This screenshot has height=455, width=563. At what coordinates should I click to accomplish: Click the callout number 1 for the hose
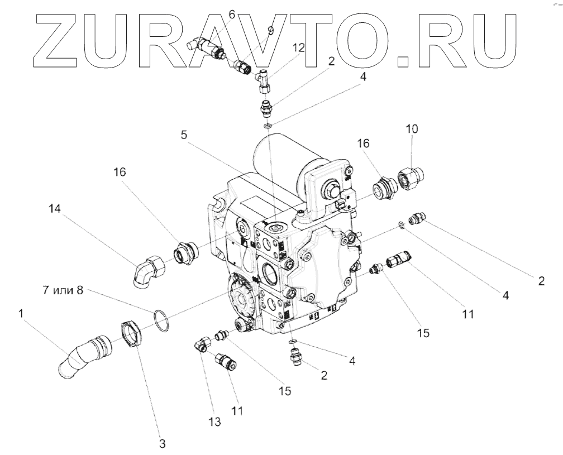click(21, 314)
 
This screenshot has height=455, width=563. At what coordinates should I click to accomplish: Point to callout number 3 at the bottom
click(162, 444)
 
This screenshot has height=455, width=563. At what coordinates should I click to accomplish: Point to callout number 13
click(215, 422)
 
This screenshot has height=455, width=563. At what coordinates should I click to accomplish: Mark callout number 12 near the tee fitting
click(299, 49)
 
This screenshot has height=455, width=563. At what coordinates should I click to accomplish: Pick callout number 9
click(270, 31)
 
